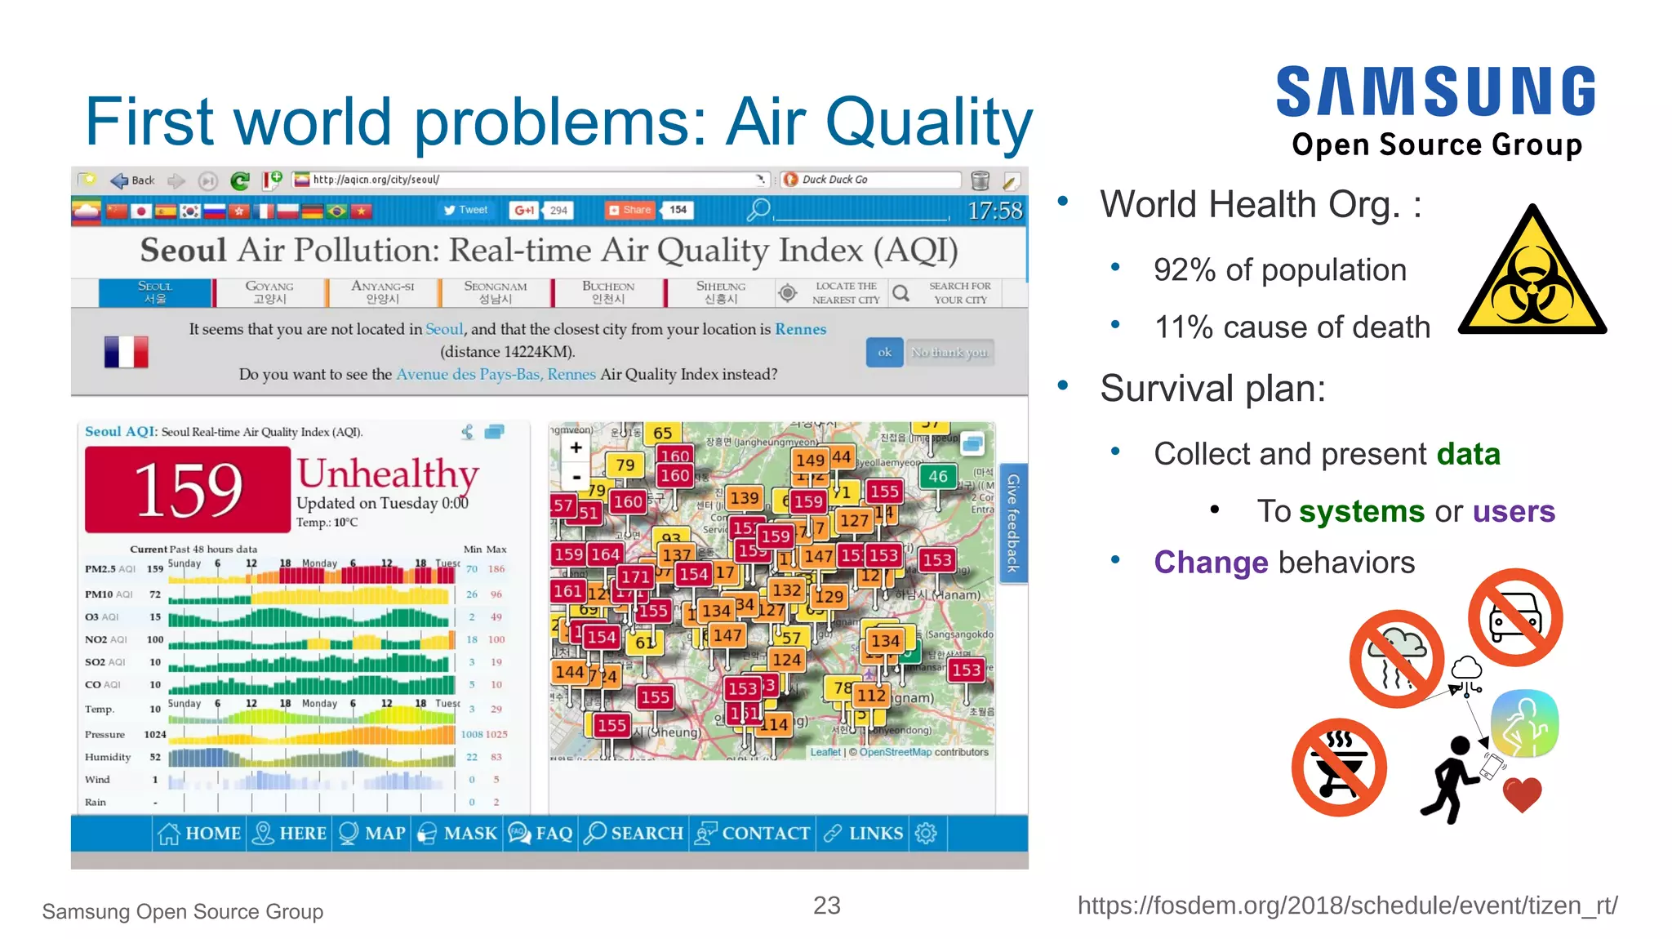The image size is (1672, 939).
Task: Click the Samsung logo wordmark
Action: point(1435,91)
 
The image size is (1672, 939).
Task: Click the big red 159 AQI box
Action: point(188,489)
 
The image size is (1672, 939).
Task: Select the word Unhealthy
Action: point(387,474)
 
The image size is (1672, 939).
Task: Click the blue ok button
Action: point(884,352)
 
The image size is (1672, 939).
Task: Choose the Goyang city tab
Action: point(269,292)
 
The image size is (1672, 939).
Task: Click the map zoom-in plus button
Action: point(576,447)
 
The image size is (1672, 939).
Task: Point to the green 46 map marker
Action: point(937,476)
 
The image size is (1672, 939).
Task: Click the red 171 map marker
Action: point(634,577)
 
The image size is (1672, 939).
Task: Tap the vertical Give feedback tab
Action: point(1013,523)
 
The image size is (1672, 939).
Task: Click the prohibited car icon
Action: point(1514,618)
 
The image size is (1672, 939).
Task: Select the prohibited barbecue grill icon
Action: point(1339,767)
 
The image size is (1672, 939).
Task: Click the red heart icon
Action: point(1522,794)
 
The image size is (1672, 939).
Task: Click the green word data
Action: point(1468,454)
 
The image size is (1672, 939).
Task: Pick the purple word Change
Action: point(1210,563)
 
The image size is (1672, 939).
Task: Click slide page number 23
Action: point(826,905)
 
